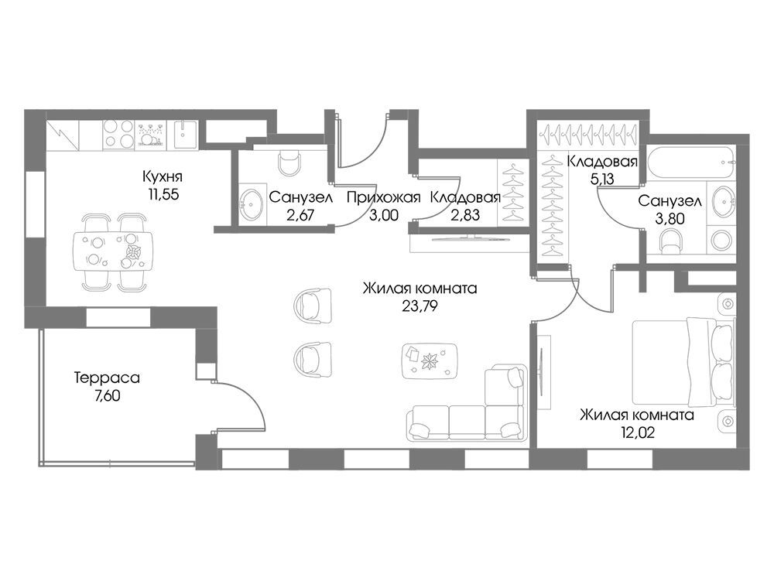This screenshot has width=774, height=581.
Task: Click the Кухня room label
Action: coord(163,176)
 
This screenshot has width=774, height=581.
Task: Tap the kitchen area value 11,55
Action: coord(163,195)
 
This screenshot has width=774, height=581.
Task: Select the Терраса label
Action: coord(107,378)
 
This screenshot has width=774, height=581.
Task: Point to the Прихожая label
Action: coord(383,198)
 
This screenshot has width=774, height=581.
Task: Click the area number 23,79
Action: coord(420,306)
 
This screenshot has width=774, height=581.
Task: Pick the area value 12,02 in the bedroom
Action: coord(638,433)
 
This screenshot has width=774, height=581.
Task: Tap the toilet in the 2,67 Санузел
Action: coord(289,161)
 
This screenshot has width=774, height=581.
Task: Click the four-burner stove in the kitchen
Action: coord(118,134)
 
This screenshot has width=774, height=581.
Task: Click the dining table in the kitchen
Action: coord(114,251)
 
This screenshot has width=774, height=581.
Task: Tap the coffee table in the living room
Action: coord(430,361)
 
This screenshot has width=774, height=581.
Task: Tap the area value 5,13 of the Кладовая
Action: coord(602,179)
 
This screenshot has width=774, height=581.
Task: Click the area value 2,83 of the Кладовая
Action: coord(465,215)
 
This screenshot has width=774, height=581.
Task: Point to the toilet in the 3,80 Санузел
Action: coord(672,240)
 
